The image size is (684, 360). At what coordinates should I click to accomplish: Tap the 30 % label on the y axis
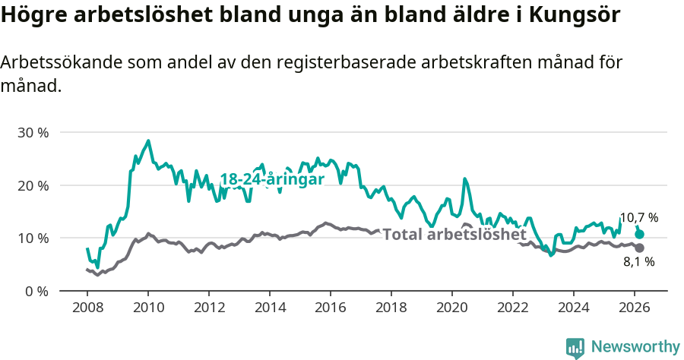[33, 133]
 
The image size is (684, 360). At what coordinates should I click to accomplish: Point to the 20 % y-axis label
[33, 185]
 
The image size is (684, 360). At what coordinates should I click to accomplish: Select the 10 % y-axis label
[33, 238]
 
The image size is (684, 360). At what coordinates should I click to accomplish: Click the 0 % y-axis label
[36, 291]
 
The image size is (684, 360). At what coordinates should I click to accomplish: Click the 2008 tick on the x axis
[87, 308]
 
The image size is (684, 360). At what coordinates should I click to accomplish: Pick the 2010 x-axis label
[147, 308]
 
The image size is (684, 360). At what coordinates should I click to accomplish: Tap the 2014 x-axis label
[269, 308]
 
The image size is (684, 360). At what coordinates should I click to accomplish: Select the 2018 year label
[391, 308]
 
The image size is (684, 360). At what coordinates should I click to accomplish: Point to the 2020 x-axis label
[451, 308]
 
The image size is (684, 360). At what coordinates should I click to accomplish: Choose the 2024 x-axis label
[573, 308]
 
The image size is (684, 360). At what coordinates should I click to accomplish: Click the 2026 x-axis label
[634, 308]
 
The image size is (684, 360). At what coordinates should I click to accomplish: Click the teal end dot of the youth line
[639, 235]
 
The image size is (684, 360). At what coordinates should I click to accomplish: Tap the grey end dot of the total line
[639, 248]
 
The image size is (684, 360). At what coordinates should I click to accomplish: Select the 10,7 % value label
[638, 218]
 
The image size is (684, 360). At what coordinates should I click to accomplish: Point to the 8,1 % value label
[638, 262]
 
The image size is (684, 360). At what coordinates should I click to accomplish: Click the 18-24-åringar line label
[272, 179]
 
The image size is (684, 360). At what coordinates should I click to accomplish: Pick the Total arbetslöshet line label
[454, 235]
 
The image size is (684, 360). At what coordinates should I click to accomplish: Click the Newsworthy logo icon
[575, 348]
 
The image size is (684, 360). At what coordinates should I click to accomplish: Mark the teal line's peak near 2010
[148, 141]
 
